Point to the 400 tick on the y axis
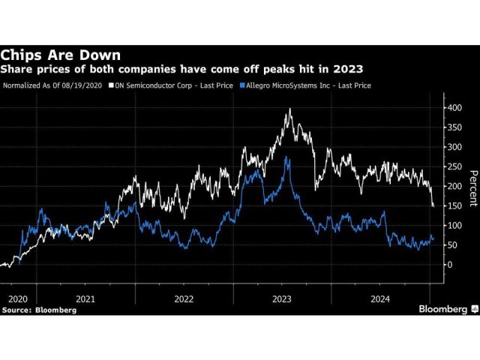coord(455,108)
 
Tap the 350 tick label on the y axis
coord(455,127)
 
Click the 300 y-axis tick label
coord(455,147)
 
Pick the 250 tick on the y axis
coord(455,166)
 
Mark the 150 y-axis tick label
coord(455,205)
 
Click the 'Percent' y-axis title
coord(472,187)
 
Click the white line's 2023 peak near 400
coord(289,109)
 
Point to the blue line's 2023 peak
coord(285,157)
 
